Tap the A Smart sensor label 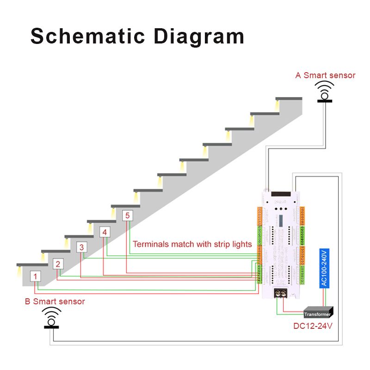click(x=325, y=75)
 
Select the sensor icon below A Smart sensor click(x=325, y=92)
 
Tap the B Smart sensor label click(x=55, y=302)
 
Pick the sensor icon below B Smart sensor click(x=52, y=318)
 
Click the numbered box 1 click(x=36, y=277)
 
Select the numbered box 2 click(x=58, y=265)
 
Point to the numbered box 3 click(x=81, y=247)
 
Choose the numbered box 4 click(x=105, y=232)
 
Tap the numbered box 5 click(x=128, y=216)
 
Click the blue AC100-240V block click(x=324, y=269)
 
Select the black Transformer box click(x=318, y=313)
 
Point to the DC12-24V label click(x=313, y=326)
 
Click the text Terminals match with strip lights click(x=192, y=244)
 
